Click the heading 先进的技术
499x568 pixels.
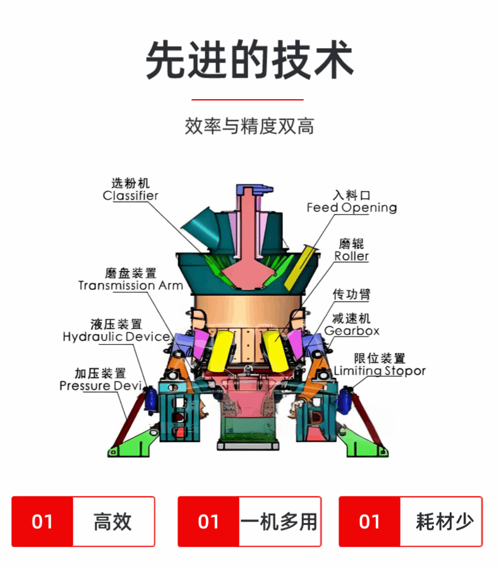[249, 60]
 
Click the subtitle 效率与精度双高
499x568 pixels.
[249, 126]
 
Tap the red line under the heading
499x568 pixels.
[248, 99]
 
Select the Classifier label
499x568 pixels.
[130, 196]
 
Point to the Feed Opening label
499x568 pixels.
[352, 208]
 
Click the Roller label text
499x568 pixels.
[351, 256]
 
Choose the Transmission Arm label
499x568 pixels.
[131, 286]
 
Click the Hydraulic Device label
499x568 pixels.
[116, 337]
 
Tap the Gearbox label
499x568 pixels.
[352, 330]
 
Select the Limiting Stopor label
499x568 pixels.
[380, 371]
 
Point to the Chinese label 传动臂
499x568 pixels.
[351, 294]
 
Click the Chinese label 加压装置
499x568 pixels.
[100, 373]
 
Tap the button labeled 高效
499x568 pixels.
[83, 522]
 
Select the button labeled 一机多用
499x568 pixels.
[249, 522]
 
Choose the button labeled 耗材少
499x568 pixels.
[411, 522]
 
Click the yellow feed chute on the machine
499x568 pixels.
[301, 268]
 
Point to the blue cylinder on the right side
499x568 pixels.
[343, 401]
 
